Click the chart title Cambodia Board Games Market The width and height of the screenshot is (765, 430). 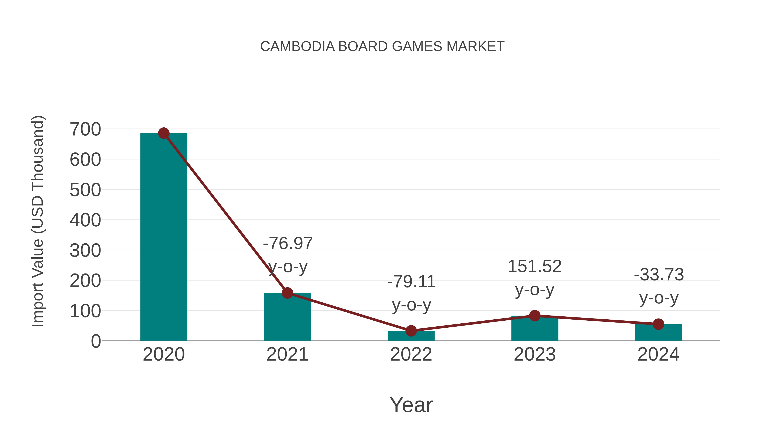[382, 47]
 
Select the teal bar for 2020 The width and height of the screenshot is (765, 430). [164, 237]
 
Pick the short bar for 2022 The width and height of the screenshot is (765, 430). [411, 336]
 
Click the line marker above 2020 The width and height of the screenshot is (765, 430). [164, 133]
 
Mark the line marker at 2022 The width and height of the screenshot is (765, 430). [411, 331]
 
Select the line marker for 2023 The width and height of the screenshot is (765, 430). [535, 316]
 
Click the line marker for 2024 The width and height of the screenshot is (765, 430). [658, 324]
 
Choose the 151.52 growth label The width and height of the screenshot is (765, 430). [535, 266]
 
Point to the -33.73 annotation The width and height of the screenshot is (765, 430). [659, 275]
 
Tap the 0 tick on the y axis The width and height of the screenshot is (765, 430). [96, 341]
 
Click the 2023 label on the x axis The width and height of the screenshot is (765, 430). [535, 354]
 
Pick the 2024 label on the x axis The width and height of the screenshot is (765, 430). [658, 354]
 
